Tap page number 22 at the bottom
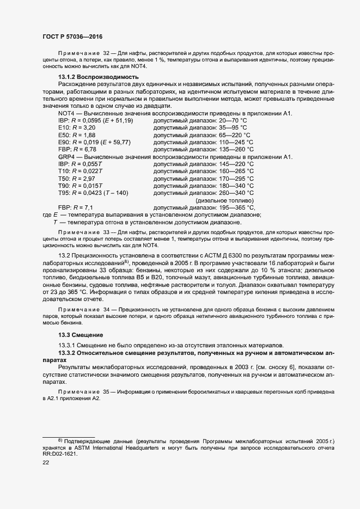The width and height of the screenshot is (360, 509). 46,462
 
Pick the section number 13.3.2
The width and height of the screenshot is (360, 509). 68,353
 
